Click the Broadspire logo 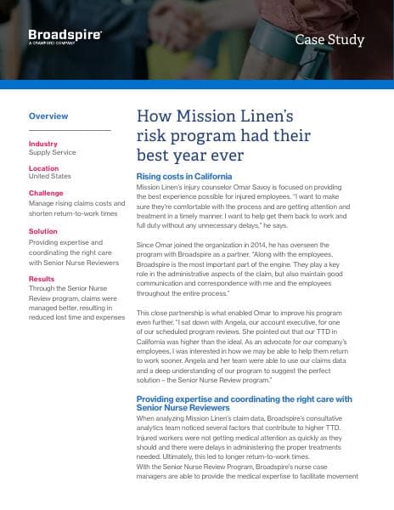click(x=65, y=36)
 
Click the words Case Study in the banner click(x=329, y=39)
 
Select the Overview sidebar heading click(x=48, y=115)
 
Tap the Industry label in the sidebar click(x=43, y=144)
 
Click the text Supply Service click(x=53, y=153)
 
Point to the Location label click(x=44, y=168)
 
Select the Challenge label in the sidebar click(x=46, y=193)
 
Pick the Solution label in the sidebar click(x=43, y=230)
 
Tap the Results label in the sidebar click(x=42, y=278)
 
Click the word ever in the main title click(x=224, y=156)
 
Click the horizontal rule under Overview click(x=70, y=130)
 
